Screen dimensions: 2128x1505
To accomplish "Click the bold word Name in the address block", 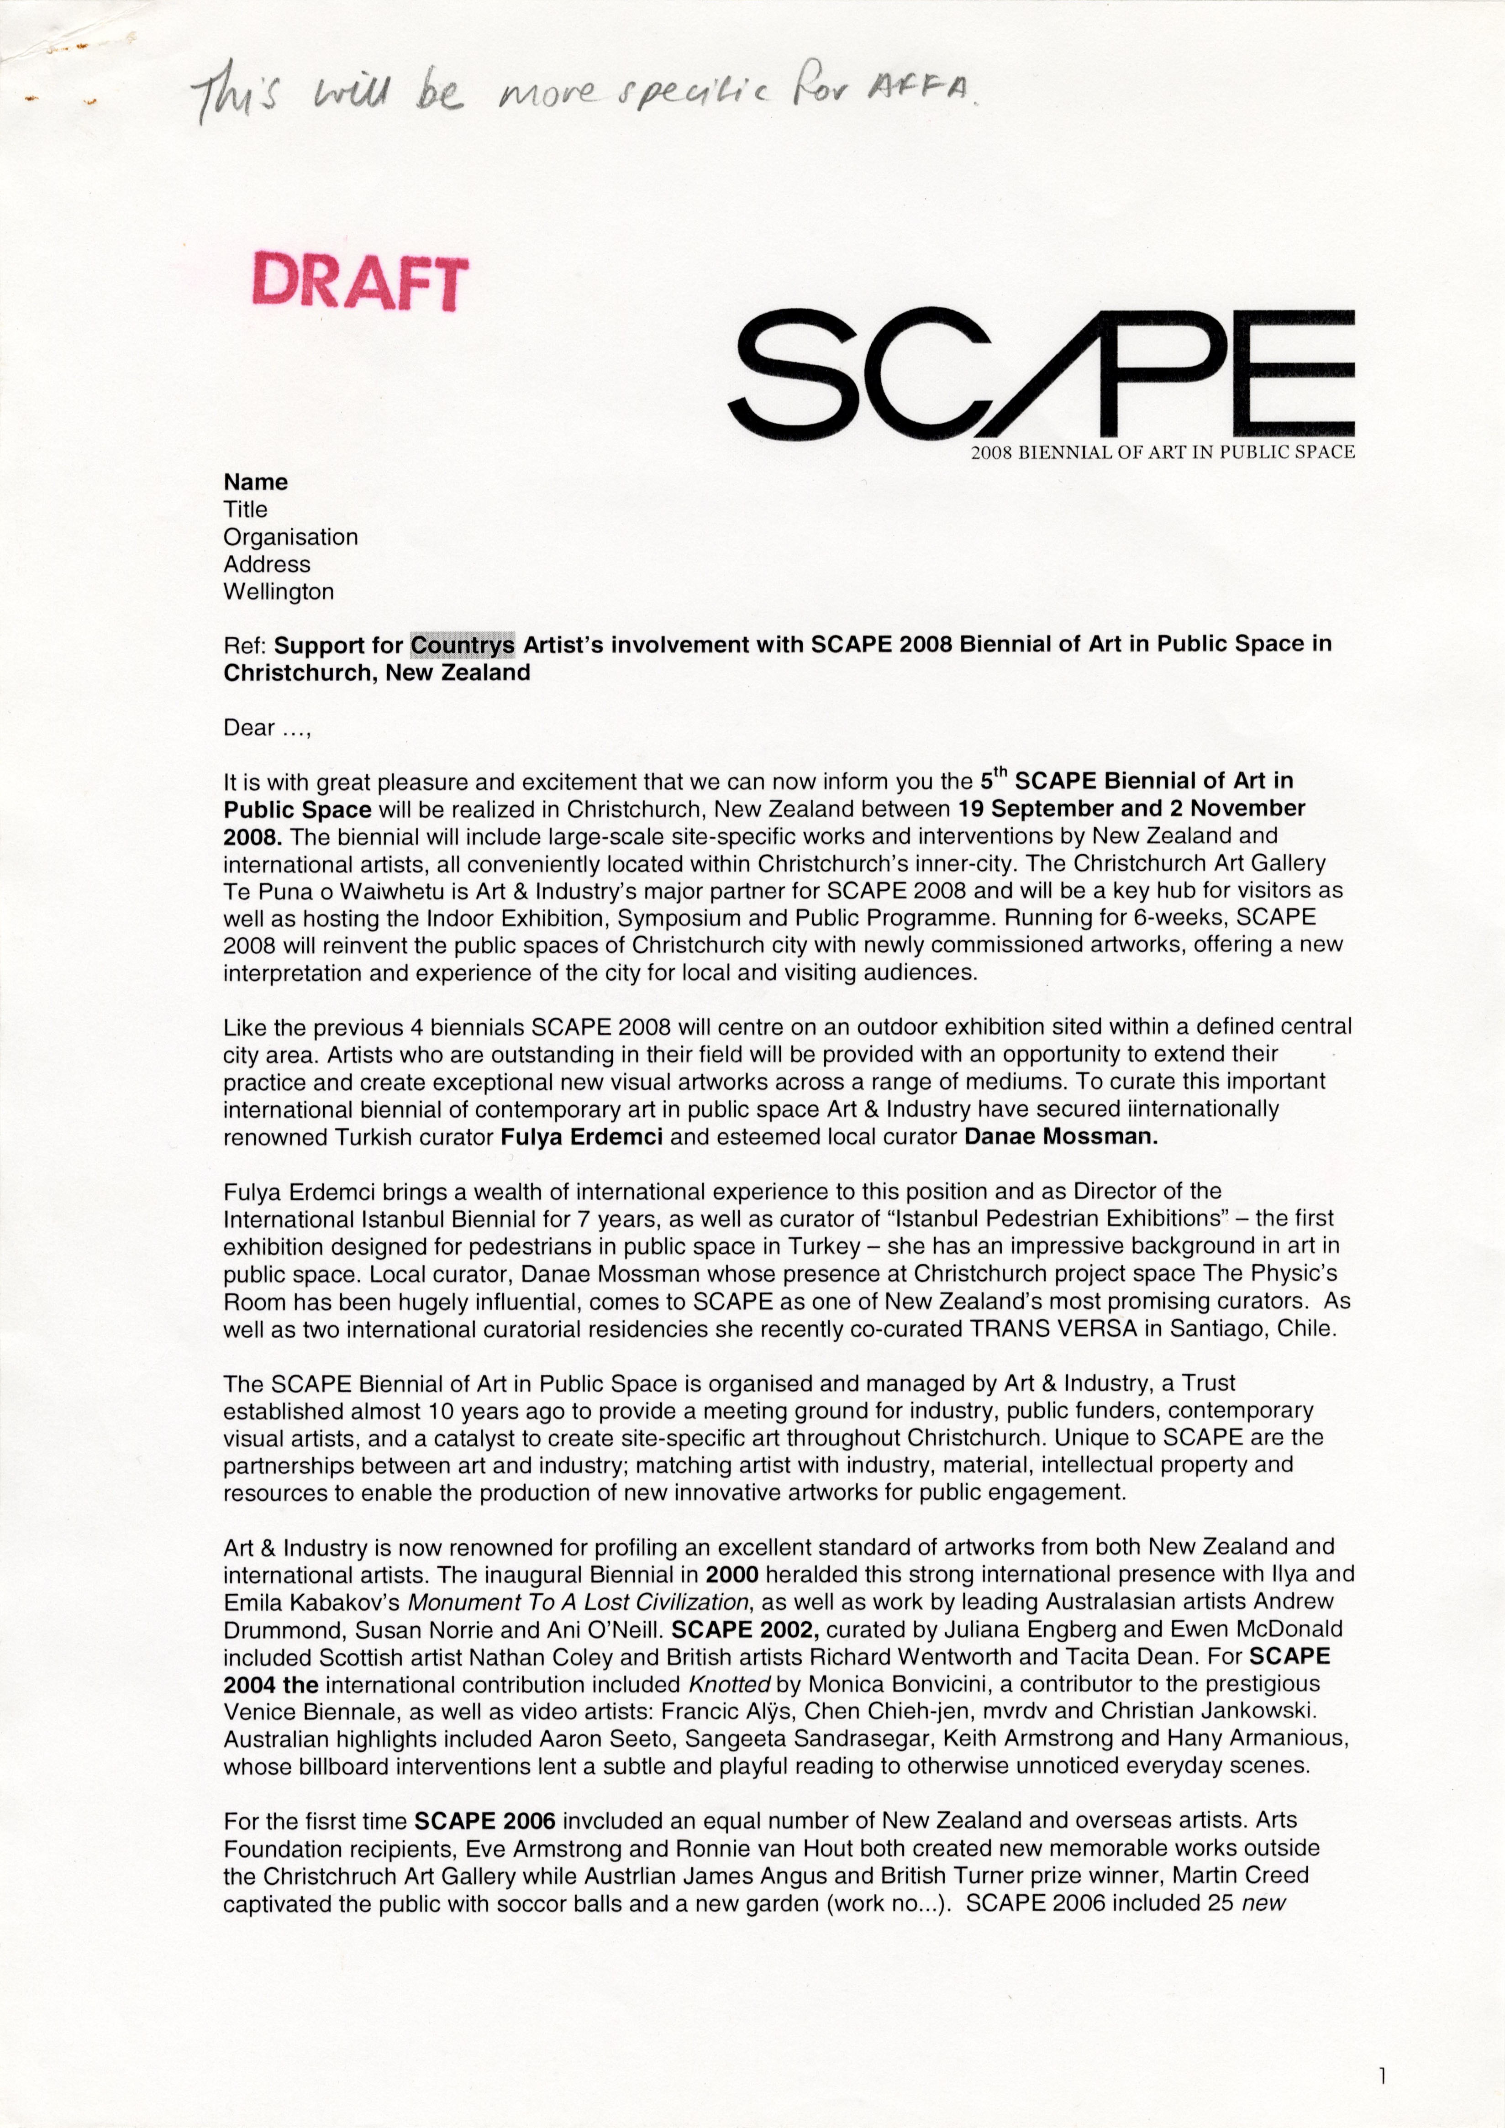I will [256, 482].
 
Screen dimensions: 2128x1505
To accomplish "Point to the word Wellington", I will [279, 591].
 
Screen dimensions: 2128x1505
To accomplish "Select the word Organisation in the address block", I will [290, 536].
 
